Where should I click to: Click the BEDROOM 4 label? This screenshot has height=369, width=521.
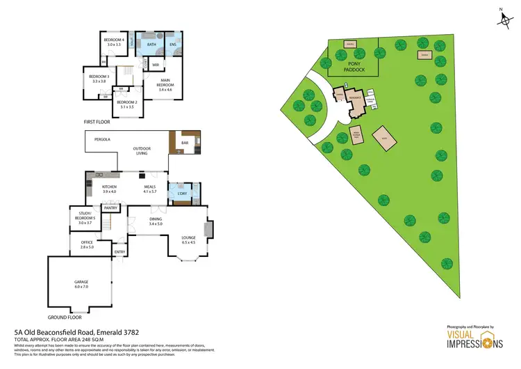pos(114,40)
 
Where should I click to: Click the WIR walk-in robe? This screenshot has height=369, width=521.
pos(156,65)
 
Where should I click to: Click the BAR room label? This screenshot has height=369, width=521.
pos(185,143)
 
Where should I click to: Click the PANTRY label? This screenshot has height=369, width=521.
pos(110,207)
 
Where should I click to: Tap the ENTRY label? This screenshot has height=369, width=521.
pos(119,252)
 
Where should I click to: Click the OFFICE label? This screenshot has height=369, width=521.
pos(87,242)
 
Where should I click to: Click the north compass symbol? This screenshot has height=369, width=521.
pos(504,19)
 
